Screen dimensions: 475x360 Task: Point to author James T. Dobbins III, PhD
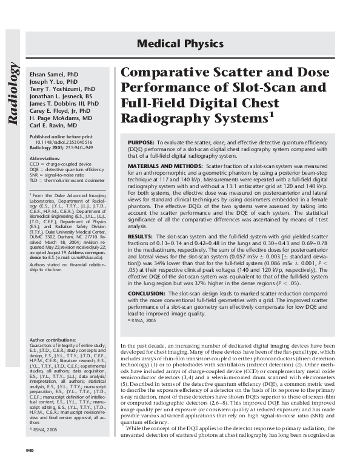pos(64,104)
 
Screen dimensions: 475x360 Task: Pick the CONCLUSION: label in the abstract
pos(147,292)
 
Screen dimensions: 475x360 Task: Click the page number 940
pos(29,466)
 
